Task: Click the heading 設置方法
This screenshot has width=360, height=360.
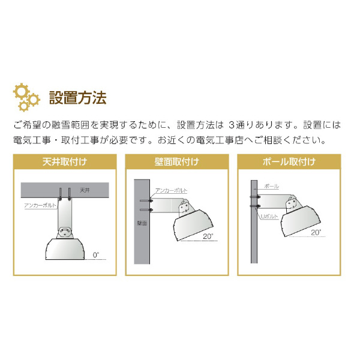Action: [77, 97]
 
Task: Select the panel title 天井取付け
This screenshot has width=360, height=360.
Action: [65, 162]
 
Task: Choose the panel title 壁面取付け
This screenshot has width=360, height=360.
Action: [177, 162]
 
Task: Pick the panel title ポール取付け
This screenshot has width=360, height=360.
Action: [290, 162]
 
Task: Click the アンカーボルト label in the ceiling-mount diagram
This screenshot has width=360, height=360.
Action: [40, 205]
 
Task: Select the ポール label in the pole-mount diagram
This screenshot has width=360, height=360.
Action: [272, 187]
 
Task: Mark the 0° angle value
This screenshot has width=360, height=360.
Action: [97, 254]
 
